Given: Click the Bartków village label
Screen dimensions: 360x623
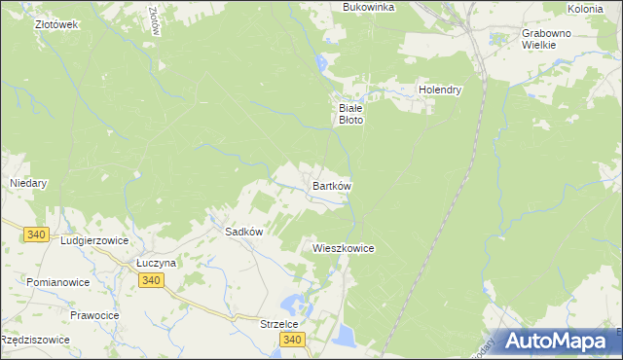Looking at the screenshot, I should [331, 185].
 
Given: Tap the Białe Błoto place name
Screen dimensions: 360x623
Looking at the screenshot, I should [349, 114].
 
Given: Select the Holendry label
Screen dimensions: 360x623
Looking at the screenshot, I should [439, 90].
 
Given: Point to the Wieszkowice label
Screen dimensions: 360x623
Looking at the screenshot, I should [344, 248].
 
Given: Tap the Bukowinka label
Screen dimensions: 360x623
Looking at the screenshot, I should [368, 7].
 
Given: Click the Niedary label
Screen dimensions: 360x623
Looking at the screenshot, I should [28, 182].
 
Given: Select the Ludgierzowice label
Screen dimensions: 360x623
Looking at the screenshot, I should [94, 239].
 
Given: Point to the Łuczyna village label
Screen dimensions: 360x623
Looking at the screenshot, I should [156, 263].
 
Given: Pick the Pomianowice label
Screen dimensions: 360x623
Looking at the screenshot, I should [58, 282].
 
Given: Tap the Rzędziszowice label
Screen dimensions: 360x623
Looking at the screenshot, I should [35, 340].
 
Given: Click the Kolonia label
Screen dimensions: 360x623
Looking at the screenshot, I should [585, 8].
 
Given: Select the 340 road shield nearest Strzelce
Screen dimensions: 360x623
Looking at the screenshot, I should [292, 340].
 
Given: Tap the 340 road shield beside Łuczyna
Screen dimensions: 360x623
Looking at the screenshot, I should [150, 280].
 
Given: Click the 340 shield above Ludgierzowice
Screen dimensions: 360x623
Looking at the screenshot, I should [37, 234].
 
